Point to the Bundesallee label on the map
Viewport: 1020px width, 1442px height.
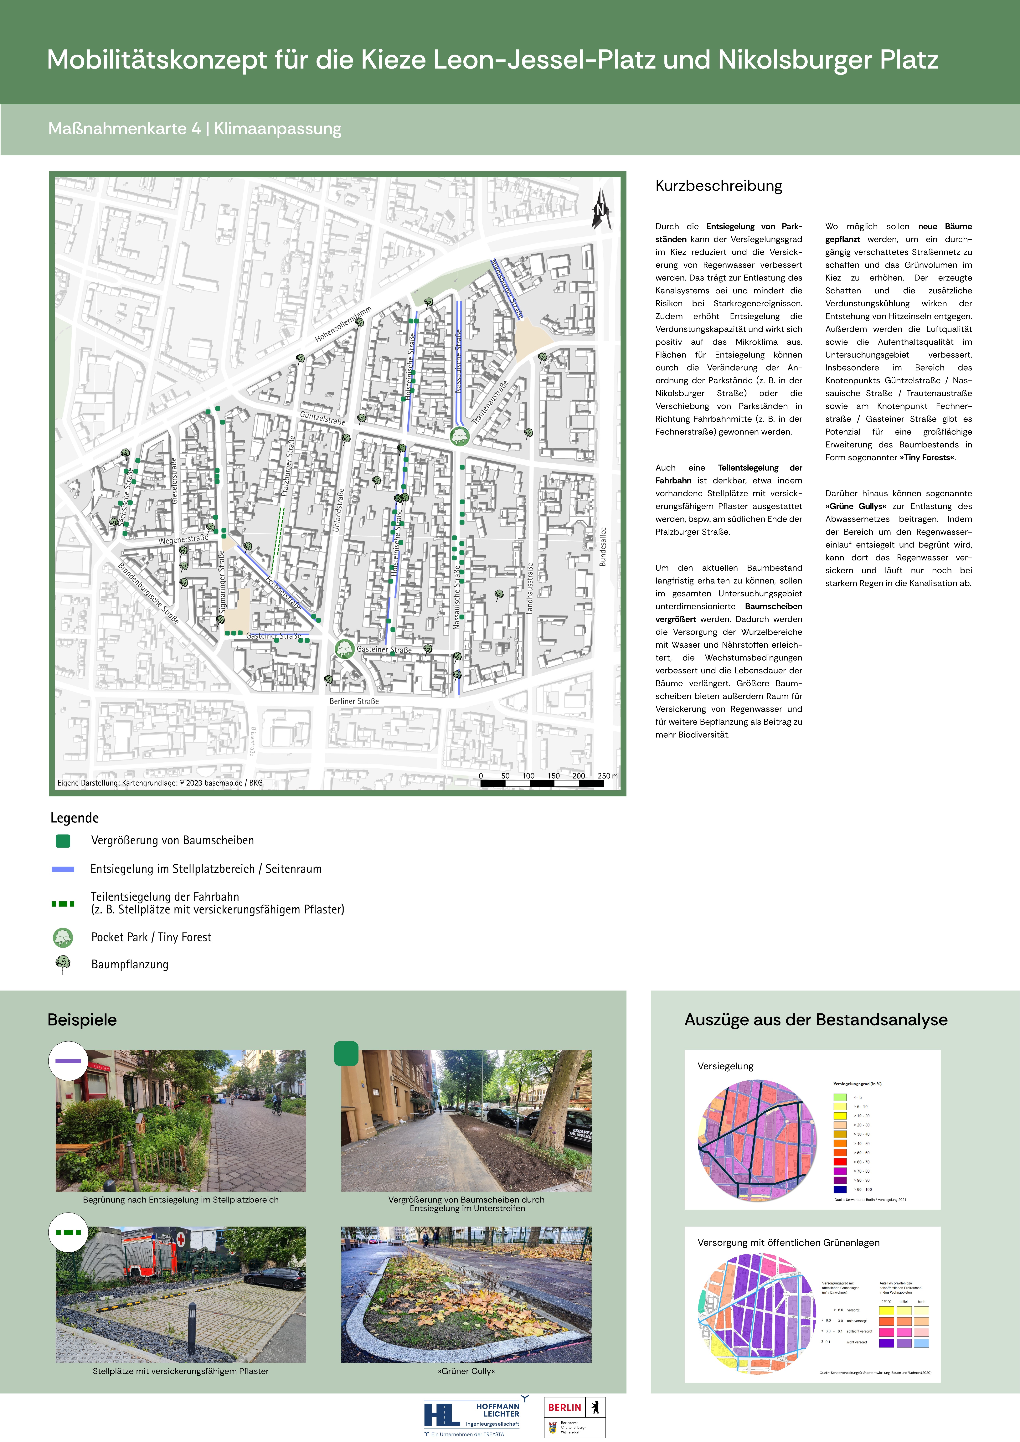pyautogui.click(x=603, y=546)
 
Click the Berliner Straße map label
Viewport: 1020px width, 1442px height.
pyautogui.click(x=354, y=701)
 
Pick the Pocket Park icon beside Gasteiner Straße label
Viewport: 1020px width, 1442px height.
pyautogui.click(x=344, y=648)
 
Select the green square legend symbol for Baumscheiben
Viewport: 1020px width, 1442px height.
pyautogui.click(x=63, y=840)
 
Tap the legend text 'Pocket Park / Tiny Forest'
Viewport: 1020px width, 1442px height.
pyautogui.click(x=151, y=937)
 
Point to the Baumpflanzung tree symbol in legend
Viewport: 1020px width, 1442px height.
pyautogui.click(x=63, y=964)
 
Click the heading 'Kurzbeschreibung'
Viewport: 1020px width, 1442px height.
pyautogui.click(x=719, y=186)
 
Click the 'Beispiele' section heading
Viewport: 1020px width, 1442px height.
pyautogui.click(x=82, y=1019)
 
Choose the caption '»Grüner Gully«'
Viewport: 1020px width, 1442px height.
pyautogui.click(x=466, y=1371)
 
